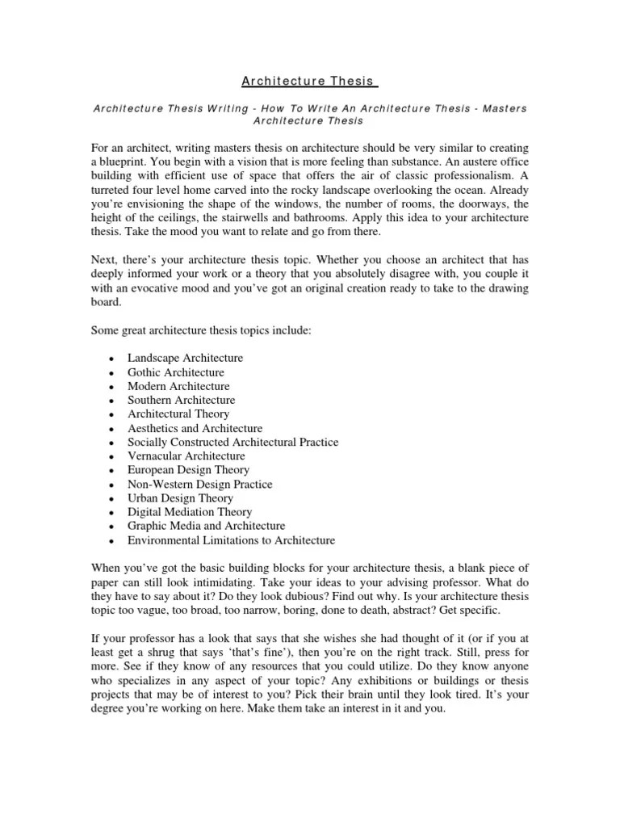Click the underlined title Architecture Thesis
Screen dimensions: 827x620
pyautogui.click(x=310, y=81)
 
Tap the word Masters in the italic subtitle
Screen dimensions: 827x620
pyautogui.click(x=505, y=108)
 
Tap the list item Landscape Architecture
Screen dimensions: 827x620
pyautogui.click(x=185, y=358)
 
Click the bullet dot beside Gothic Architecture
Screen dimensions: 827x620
pyautogui.click(x=109, y=372)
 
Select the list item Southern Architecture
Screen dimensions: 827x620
pyautogui.click(x=181, y=400)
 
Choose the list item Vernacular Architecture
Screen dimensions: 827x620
pyautogui.click(x=186, y=455)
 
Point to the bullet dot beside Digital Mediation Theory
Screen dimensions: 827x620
pyautogui.click(x=109, y=512)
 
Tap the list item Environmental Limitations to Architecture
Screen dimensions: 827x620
pyautogui.click(x=230, y=539)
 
